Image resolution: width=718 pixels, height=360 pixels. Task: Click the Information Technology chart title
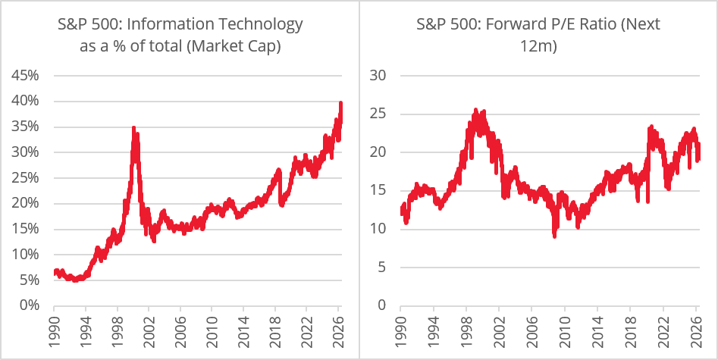pyautogui.click(x=180, y=35)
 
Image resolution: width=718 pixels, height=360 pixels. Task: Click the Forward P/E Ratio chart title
pyautogui.click(x=538, y=35)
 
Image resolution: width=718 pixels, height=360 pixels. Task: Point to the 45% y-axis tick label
pyautogui.click(x=25, y=75)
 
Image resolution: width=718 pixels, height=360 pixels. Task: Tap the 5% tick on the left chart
pyautogui.click(x=29, y=280)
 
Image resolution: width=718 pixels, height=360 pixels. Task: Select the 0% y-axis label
pyautogui.click(x=29, y=305)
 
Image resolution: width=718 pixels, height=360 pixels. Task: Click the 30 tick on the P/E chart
pyautogui.click(x=378, y=75)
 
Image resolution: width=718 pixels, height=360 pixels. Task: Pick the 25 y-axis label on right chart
pyautogui.click(x=378, y=114)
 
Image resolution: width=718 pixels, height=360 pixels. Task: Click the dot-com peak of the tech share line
pyautogui.click(x=133, y=128)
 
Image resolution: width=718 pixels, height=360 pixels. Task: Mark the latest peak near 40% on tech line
pyautogui.click(x=340, y=103)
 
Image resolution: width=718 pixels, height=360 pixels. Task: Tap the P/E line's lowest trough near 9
pyautogui.click(x=554, y=236)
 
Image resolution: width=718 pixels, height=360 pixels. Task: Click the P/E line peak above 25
pyautogui.click(x=476, y=110)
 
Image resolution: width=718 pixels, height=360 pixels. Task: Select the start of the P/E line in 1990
pyautogui.click(x=402, y=211)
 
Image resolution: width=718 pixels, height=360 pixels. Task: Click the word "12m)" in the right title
pyautogui.click(x=538, y=45)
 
